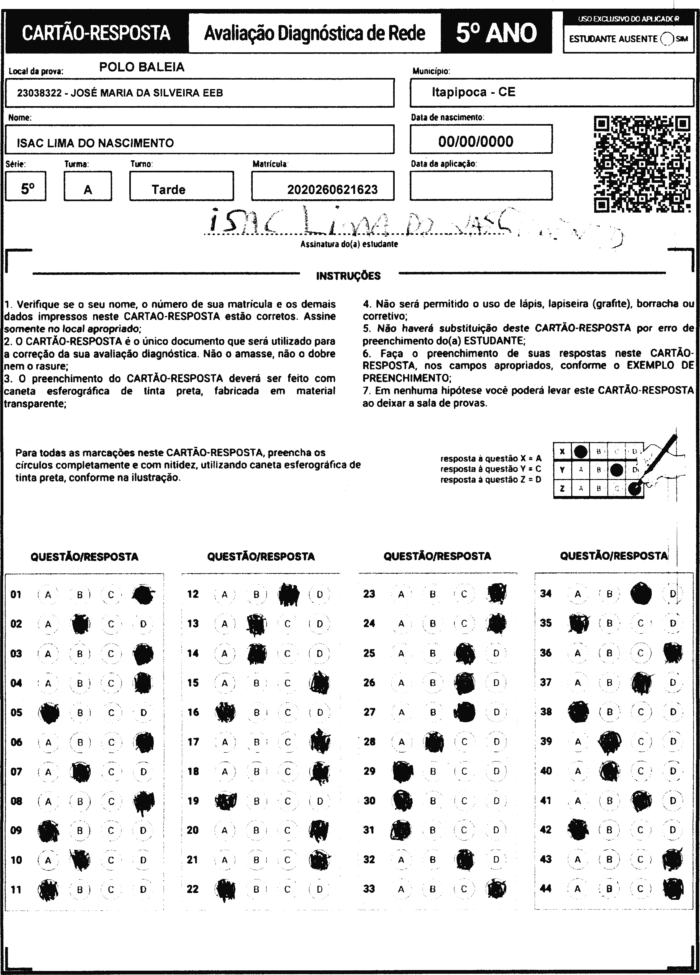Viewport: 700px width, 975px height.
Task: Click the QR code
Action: tap(642, 164)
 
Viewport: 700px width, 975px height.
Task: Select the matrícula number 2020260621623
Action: tap(332, 190)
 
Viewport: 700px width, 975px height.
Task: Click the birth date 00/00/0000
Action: tap(476, 141)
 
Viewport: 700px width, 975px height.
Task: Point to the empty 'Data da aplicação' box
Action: tap(481, 186)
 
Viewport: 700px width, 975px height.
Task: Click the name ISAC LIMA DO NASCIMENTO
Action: tap(95, 143)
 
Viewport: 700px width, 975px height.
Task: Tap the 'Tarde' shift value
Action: tap(169, 190)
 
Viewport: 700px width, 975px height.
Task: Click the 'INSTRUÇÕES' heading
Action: tap(348, 276)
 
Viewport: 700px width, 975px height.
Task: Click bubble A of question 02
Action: tap(48, 624)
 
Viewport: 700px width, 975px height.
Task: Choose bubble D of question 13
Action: tap(319, 624)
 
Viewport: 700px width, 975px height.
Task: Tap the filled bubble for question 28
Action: tap(434, 742)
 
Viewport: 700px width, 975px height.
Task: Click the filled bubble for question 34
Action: tap(641, 594)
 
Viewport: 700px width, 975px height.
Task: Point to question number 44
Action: tap(546, 889)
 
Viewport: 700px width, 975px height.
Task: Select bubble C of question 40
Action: tap(641, 771)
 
